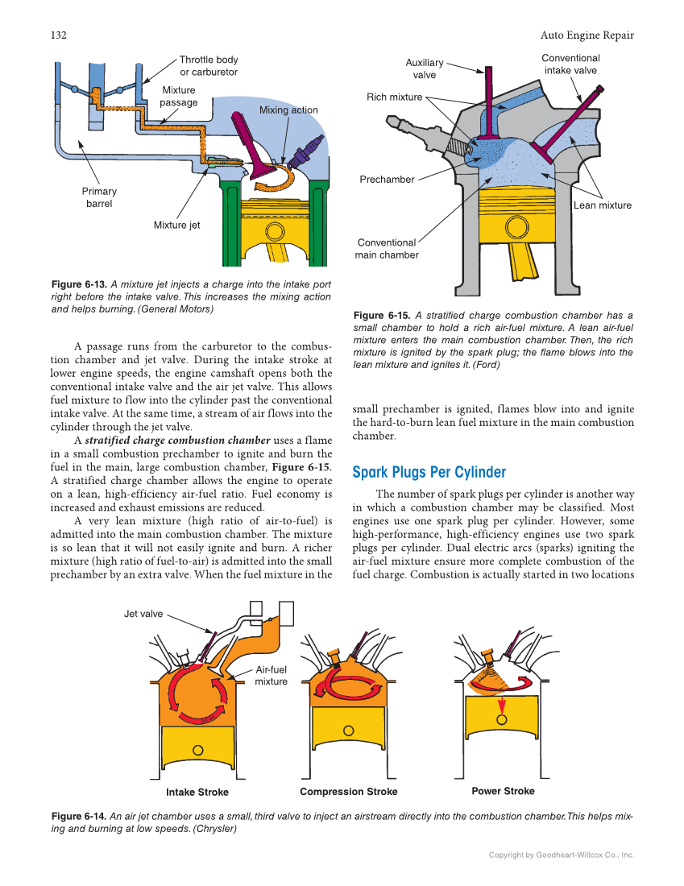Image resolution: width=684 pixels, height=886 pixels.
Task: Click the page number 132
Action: (x=58, y=35)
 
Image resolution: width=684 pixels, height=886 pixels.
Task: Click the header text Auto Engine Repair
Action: (x=587, y=35)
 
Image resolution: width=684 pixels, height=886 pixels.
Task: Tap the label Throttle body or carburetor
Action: (x=208, y=66)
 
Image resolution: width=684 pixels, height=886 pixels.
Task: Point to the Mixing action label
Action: (x=288, y=110)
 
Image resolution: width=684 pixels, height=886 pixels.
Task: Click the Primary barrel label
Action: (x=99, y=197)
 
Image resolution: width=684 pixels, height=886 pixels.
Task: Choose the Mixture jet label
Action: (x=176, y=226)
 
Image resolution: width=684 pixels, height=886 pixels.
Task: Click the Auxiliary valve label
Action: (x=424, y=68)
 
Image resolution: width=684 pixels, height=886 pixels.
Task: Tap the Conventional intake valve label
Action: (x=570, y=64)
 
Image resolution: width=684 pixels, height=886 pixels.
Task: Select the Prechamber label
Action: (x=387, y=180)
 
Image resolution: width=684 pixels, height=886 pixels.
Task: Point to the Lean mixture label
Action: (x=603, y=205)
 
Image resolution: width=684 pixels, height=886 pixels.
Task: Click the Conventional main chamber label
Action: (x=387, y=249)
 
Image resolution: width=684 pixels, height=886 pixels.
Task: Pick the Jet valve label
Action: (x=143, y=614)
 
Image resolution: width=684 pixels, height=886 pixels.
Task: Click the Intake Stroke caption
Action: (x=197, y=793)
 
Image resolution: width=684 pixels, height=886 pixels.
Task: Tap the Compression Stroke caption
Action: (x=348, y=792)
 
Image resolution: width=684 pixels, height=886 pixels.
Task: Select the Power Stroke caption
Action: (x=503, y=791)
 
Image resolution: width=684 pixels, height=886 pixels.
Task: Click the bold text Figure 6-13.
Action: (x=77, y=284)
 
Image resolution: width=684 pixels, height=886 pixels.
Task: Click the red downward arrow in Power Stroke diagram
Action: (x=502, y=704)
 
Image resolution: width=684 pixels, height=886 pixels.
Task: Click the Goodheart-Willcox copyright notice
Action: (x=562, y=855)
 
